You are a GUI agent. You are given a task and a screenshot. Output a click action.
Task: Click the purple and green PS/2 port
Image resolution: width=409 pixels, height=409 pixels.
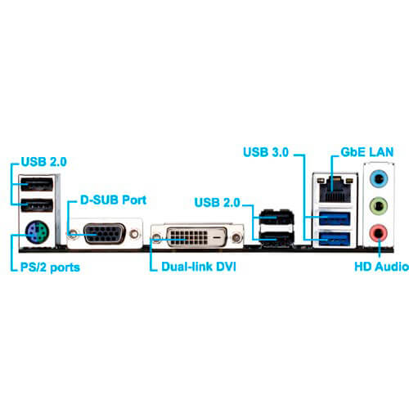[x=37, y=232]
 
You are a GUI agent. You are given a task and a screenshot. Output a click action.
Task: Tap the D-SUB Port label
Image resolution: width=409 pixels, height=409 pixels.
[x=113, y=200]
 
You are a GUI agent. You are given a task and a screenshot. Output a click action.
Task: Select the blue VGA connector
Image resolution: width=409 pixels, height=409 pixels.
[x=104, y=234]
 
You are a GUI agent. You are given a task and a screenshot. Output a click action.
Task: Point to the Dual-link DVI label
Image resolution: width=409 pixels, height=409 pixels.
[x=199, y=267]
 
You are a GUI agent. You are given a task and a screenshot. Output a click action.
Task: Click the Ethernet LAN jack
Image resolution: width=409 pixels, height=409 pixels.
[x=335, y=189]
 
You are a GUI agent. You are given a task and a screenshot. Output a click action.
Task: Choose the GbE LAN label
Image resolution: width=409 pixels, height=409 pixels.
[x=367, y=152]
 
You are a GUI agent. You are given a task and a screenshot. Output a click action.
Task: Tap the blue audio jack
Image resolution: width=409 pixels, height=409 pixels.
[x=379, y=179]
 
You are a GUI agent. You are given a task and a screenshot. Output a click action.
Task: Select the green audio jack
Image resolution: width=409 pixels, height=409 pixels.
[x=379, y=206]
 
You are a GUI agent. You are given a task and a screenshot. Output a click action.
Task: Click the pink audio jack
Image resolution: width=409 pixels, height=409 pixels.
[x=379, y=233]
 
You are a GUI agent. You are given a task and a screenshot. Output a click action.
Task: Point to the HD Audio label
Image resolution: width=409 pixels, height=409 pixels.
[x=381, y=267]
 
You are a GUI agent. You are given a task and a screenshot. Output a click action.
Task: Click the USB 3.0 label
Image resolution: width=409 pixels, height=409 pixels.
[x=266, y=152]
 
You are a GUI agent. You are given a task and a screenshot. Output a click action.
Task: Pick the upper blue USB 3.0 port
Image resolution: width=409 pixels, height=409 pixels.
[x=335, y=218]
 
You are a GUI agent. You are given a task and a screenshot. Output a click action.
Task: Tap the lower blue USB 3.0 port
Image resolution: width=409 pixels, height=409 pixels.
[x=335, y=239]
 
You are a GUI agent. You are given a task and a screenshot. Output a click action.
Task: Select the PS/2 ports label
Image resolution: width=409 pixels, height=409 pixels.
[x=50, y=267]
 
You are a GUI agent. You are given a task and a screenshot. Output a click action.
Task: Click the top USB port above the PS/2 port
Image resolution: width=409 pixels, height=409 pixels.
[x=37, y=184]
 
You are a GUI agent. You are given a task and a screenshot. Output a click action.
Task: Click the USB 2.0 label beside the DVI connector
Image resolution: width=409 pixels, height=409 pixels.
[x=218, y=202]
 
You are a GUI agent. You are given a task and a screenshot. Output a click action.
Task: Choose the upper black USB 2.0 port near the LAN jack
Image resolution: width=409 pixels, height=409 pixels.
[x=276, y=218]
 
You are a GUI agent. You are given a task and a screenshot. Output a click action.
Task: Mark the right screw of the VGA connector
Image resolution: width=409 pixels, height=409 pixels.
[x=134, y=234]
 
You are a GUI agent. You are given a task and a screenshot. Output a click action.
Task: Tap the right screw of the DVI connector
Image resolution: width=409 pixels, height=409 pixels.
[x=236, y=238]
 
